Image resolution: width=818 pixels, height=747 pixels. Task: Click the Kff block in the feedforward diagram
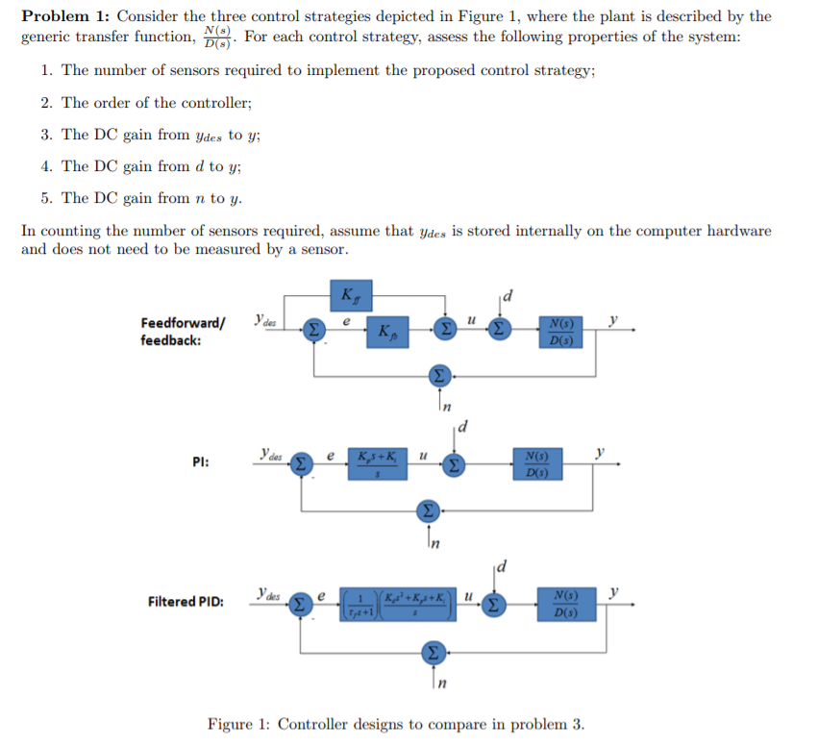(x=351, y=290)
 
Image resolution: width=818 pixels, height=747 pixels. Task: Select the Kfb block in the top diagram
(x=384, y=333)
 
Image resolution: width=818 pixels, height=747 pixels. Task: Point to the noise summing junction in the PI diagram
(x=430, y=508)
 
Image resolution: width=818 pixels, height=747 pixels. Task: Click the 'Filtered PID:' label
(x=186, y=602)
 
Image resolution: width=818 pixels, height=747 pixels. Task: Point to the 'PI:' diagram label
(x=202, y=462)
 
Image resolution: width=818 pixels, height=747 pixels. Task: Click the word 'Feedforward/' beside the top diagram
(x=183, y=323)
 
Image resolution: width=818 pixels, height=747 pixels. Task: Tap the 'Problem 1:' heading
(x=63, y=16)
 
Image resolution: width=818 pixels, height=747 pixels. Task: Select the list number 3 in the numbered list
(x=46, y=134)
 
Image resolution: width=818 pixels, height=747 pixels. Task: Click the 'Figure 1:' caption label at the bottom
(x=239, y=724)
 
